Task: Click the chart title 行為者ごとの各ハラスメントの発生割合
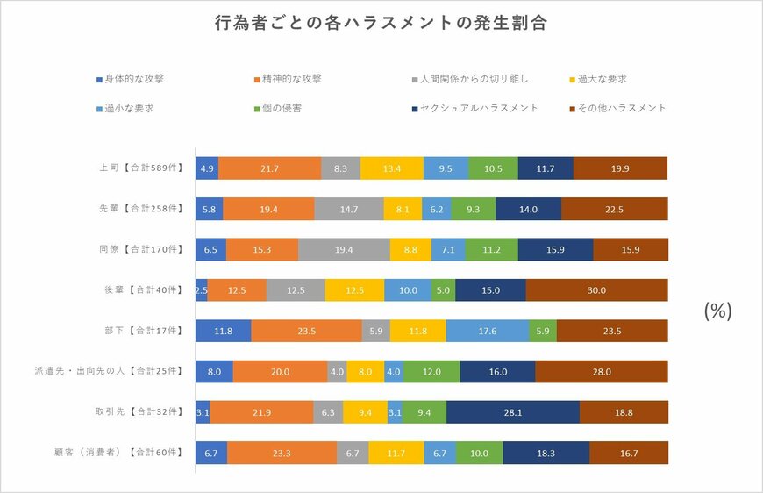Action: click(x=381, y=24)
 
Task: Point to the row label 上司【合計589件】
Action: click(x=140, y=168)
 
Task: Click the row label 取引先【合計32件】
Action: click(x=140, y=412)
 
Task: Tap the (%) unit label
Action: click(x=717, y=311)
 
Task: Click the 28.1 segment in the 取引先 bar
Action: click(x=513, y=412)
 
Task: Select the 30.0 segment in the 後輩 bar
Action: click(x=596, y=290)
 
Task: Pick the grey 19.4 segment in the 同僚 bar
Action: click(x=344, y=249)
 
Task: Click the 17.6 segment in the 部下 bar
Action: click(x=488, y=331)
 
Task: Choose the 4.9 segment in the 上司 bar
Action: click(x=207, y=168)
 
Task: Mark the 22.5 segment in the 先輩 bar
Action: click(x=614, y=209)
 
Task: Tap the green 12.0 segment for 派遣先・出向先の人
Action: click(x=431, y=372)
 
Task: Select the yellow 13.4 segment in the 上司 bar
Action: click(x=391, y=168)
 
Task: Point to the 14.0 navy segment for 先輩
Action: click(x=528, y=209)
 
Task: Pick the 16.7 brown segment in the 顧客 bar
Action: click(x=628, y=453)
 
